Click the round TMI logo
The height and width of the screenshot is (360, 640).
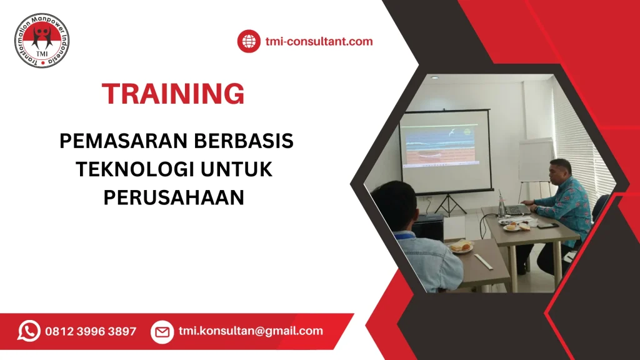42,40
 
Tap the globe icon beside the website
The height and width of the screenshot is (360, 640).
249,42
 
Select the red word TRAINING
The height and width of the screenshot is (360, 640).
173,94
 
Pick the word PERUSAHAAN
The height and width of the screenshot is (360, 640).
173,197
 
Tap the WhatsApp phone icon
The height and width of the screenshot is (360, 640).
29,331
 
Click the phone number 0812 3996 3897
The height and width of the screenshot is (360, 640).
91,331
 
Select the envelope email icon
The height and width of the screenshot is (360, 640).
162,332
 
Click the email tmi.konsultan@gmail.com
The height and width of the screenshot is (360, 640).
251,331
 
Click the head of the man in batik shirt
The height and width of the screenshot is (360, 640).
559,170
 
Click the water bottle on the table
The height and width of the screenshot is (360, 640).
501,204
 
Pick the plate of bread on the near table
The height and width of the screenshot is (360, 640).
461,247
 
